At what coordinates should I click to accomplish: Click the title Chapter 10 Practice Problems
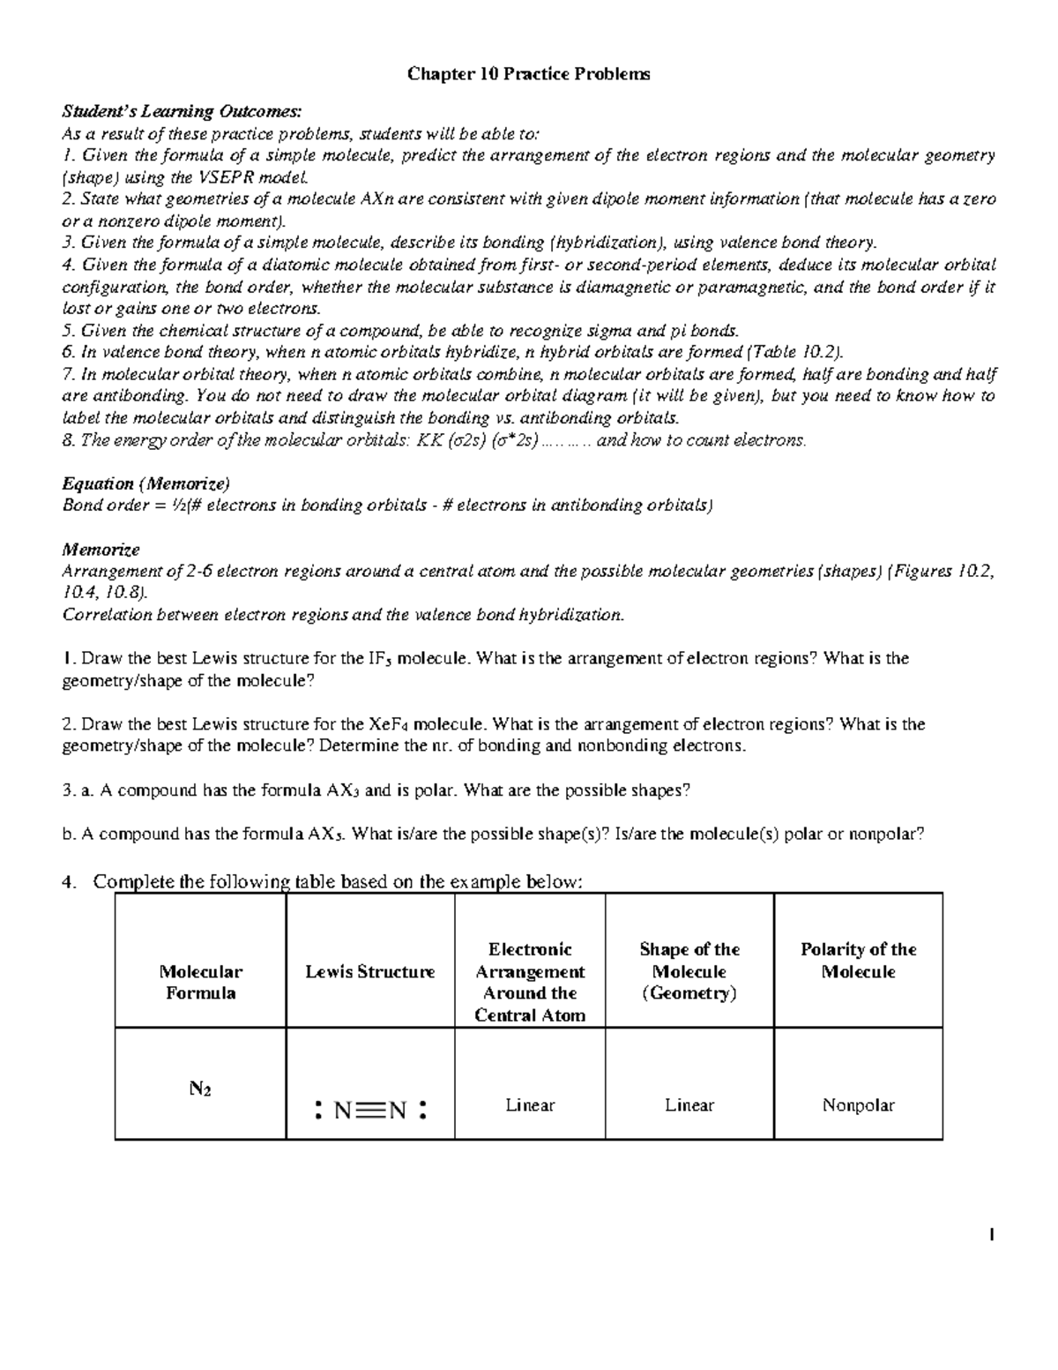528,74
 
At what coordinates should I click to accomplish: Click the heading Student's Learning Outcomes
182,111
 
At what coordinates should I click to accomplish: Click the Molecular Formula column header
200,982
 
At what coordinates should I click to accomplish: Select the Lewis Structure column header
370,972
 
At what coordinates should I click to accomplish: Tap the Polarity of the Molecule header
858,961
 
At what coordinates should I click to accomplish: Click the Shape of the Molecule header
689,971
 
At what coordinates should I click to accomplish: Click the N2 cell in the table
200,1089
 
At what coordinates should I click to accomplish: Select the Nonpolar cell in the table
858,1105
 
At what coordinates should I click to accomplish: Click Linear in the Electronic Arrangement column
530,1105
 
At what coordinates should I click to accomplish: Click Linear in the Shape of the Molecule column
689,1105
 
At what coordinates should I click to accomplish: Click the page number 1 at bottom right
993,1236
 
